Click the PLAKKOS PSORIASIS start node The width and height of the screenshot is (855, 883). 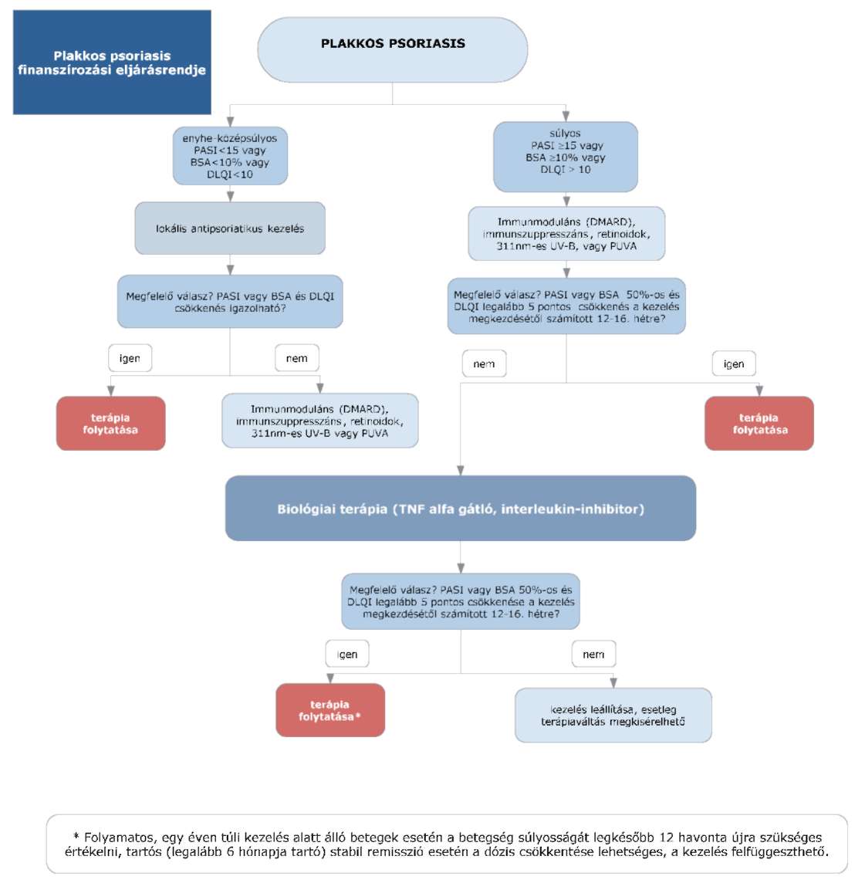pyautogui.click(x=392, y=49)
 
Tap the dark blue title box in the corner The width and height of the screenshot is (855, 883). pyautogui.click(x=112, y=62)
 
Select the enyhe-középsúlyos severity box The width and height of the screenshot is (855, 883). pyautogui.click(x=230, y=156)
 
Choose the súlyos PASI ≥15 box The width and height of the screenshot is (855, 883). pyautogui.click(x=566, y=157)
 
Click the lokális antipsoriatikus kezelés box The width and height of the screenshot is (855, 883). pyautogui.click(x=230, y=228)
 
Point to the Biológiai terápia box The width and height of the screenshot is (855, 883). pyautogui.click(x=461, y=509)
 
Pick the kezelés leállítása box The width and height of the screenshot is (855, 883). pyautogui.click(x=613, y=716)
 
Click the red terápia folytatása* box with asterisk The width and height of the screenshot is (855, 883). pyautogui.click(x=330, y=710)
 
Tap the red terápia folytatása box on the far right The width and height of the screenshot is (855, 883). pyautogui.click(x=759, y=424)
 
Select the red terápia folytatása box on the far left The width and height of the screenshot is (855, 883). pyautogui.click(x=111, y=424)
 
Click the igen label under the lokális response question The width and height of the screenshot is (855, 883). pyautogui.click(x=130, y=358)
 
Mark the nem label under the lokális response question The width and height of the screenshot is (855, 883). pyautogui.click(x=296, y=358)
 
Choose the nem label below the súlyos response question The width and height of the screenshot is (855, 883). pyautogui.click(x=484, y=364)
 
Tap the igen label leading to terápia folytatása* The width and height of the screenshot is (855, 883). pyautogui.click(x=347, y=654)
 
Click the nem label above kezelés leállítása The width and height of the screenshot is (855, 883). pyautogui.click(x=594, y=654)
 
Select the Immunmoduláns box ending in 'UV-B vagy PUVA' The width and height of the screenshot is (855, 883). pyautogui.click(x=319, y=421)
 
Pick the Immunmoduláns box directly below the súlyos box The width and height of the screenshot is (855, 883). pyautogui.click(x=566, y=234)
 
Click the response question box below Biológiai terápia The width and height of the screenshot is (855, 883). pyautogui.click(x=461, y=601)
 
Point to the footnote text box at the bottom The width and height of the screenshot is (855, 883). pyautogui.click(x=447, y=844)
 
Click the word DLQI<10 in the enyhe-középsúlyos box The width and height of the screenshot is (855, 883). pyautogui.click(x=230, y=174)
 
